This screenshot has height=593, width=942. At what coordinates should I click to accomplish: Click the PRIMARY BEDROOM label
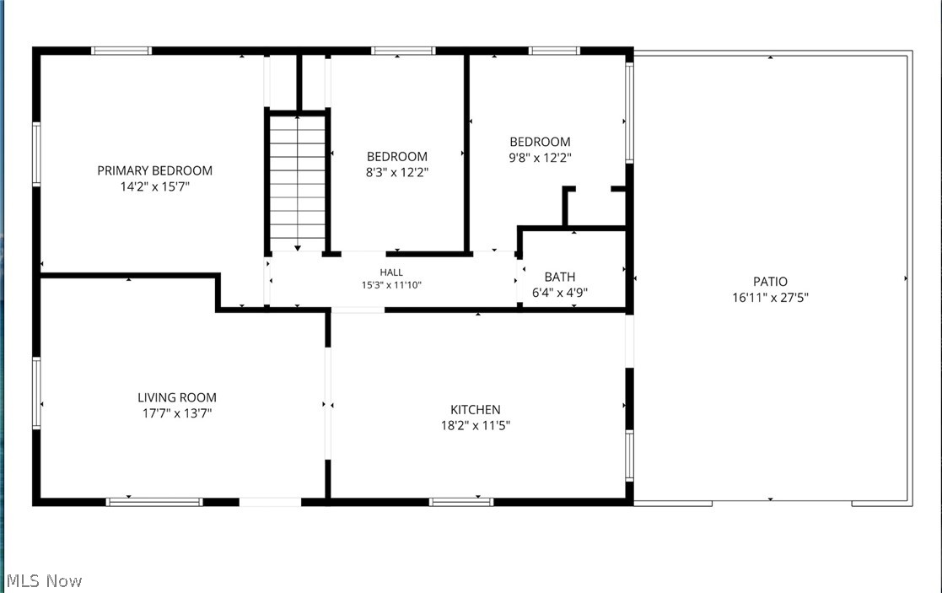[x=155, y=170]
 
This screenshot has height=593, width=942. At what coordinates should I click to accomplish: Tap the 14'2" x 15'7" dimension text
[x=155, y=186]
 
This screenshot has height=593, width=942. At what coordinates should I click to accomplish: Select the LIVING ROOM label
[x=177, y=397]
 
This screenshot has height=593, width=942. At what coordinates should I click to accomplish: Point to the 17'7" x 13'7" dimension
[x=177, y=413]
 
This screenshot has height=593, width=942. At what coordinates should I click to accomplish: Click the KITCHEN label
[x=475, y=410]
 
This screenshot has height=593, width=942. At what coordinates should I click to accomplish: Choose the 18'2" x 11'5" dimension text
[x=475, y=425]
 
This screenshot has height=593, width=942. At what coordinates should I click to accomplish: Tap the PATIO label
[x=770, y=281]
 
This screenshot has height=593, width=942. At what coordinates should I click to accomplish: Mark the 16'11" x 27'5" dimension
[x=770, y=297]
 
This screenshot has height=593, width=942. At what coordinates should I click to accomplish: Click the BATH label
[x=560, y=277]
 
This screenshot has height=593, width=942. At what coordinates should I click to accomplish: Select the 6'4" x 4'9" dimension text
[x=560, y=293]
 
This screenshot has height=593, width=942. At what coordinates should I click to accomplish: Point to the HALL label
[x=391, y=272]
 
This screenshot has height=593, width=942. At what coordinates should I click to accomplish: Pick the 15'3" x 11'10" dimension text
[x=391, y=285]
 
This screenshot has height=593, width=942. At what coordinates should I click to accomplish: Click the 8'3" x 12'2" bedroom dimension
[x=397, y=172]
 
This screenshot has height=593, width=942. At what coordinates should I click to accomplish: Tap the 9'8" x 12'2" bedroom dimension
[x=540, y=158]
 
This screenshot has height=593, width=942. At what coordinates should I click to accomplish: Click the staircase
[x=298, y=183]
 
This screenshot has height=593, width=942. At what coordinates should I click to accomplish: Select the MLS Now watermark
[x=45, y=581]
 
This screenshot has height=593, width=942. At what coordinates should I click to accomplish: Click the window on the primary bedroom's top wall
[x=121, y=51]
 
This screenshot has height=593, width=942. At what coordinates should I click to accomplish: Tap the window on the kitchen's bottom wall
[x=461, y=502]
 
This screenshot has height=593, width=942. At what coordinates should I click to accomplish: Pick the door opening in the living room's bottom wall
[x=271, y=502]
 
